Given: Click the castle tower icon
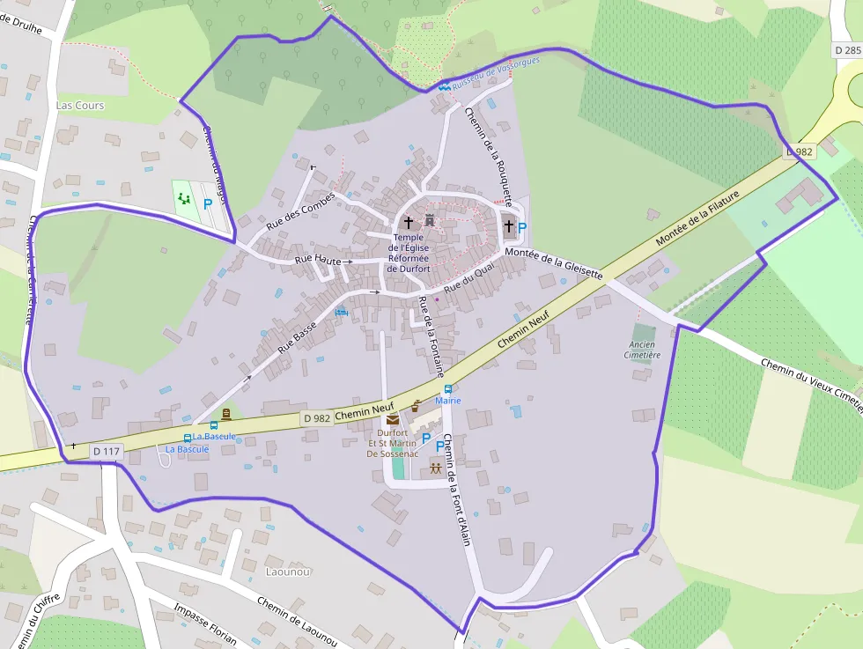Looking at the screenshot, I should [x=430, y=220].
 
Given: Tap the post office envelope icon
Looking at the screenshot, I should [x=392, y=419].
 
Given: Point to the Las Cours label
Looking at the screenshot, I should [x=80, y=105].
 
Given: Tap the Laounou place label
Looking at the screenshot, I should [x=287, y=572].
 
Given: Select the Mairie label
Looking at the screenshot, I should [x=448, y=401].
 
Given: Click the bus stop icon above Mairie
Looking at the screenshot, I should [x=448, y=388].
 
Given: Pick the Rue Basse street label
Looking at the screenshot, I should [x=297, y=336].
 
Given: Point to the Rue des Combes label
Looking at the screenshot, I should [x=300, y=211].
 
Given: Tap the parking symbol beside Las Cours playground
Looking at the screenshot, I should [x=208, y=203].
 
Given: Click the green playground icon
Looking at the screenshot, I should [x=183, y=198].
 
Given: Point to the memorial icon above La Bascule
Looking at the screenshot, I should [x=226, y=414].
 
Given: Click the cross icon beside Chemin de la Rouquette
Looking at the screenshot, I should [x=508, y=226].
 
